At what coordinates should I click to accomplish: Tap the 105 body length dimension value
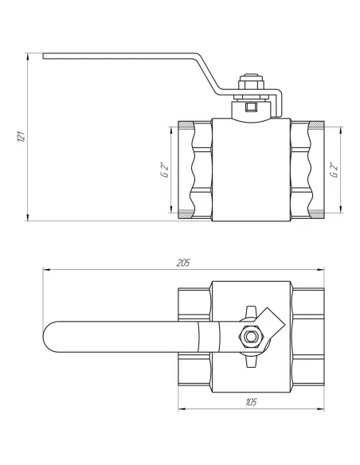pyautogui.click(x=252, y=402)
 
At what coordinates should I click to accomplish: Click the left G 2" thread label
pyautogui.click(x=161, y=170)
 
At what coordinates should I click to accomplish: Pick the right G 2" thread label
pyautogui.click(x=334, y=170)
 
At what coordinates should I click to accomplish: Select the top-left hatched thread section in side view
pyautogui.click(x=185, y=125)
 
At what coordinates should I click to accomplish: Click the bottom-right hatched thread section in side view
pyautogui.click(x=317, y=214)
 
